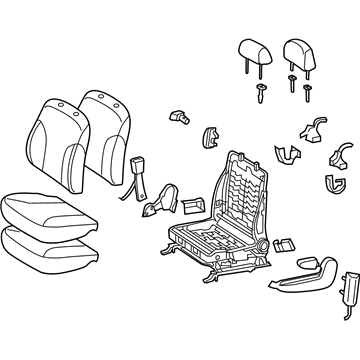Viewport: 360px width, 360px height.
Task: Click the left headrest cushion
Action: click(252, 50)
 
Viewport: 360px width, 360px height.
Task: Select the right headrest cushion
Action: click(298, 50)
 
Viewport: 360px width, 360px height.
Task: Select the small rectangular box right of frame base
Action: click(283, 243)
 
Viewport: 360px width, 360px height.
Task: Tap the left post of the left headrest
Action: click(243, 67)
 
